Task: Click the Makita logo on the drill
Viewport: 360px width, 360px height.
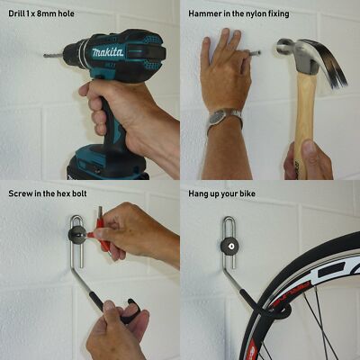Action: pos(108,52)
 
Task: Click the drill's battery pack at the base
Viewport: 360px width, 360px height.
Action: pos(108,163)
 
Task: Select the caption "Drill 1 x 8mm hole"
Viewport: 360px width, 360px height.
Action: pos(41,13)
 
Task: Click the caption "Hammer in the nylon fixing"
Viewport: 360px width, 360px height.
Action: pos(238,13)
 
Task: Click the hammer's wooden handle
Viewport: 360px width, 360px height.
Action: pos(304,120)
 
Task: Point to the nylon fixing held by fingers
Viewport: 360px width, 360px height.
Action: pos(254,53)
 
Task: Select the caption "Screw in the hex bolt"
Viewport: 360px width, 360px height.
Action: pos(48,193)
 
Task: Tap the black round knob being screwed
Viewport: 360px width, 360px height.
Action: pos(77,236)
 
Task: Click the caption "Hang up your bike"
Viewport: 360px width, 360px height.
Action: pos(222,193)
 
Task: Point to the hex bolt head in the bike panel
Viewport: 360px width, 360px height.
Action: pos(231,246)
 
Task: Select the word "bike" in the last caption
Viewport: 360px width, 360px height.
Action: pos(247,193)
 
